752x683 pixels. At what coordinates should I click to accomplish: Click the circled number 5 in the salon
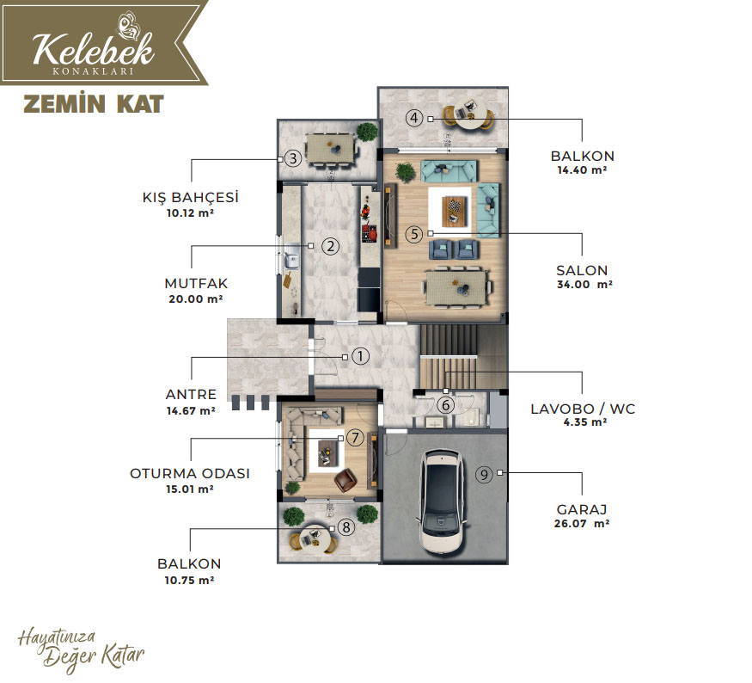414,234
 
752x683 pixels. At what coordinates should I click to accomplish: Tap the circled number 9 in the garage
484,474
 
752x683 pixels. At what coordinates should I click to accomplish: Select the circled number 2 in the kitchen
330,246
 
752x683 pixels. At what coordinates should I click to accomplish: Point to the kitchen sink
291,261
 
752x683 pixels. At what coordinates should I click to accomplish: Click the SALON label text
582,270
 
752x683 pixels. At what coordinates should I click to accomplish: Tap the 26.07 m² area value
582,523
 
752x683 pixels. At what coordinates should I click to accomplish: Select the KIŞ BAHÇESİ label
191,197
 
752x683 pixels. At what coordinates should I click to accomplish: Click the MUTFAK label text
196,283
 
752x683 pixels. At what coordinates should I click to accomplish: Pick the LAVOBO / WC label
583,409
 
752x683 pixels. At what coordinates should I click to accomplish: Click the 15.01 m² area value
190,489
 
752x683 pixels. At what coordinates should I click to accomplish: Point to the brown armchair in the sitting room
345,480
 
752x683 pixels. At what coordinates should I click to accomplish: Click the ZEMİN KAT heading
94,104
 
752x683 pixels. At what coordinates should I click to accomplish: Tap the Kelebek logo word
94,48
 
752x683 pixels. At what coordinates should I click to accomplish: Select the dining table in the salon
456,288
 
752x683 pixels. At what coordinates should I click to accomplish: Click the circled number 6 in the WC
446,405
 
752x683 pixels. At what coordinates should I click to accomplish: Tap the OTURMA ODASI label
190,473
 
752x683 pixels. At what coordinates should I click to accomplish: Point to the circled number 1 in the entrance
361,356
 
